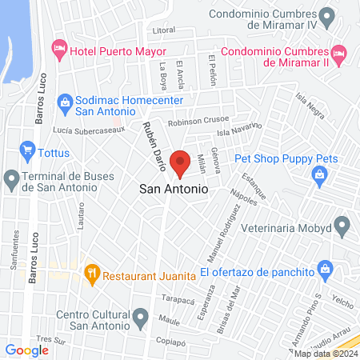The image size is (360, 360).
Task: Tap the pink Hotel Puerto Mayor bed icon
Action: pos(58,49)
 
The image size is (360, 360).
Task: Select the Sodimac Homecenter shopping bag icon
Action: pos(65,102)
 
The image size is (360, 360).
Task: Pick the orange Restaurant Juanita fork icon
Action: pos(92,273)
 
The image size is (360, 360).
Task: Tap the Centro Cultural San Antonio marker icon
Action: pos(141,318)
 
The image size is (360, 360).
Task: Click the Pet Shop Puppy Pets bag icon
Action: pos(320,174)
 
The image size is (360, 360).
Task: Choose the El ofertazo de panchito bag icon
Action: pos(324,268)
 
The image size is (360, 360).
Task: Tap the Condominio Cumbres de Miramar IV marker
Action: pos(326,15)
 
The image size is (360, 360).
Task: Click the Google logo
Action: pos(26,350)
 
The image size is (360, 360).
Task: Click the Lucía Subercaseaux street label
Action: pos(78,130)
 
